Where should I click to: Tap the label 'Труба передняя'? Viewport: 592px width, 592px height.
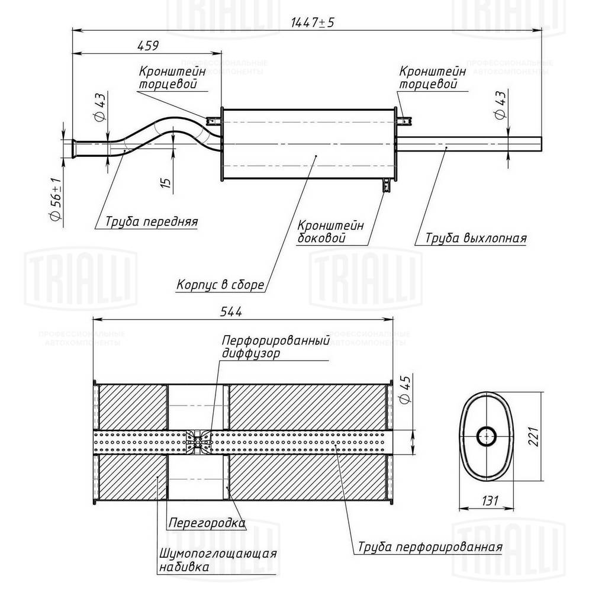coord(151,222)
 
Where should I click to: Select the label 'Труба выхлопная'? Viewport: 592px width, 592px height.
coord(475,239)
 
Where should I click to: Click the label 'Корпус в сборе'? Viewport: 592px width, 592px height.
coord(220,285)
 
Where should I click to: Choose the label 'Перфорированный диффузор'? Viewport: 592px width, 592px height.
coord(275,348)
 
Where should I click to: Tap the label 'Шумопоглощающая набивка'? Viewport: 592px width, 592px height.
coord(217,560)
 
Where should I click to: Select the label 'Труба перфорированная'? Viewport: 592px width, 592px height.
coord(430,546)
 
